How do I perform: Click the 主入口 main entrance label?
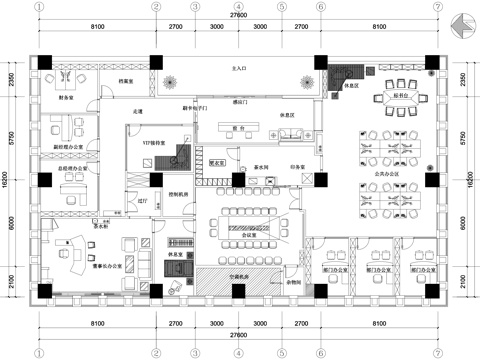[x=239, y=69]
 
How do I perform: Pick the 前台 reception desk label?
[x=239, y=129]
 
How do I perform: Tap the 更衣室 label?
[x=216, y=159]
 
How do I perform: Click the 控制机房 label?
[x=179, y=195]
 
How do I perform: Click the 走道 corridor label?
[x=137, y=111]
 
